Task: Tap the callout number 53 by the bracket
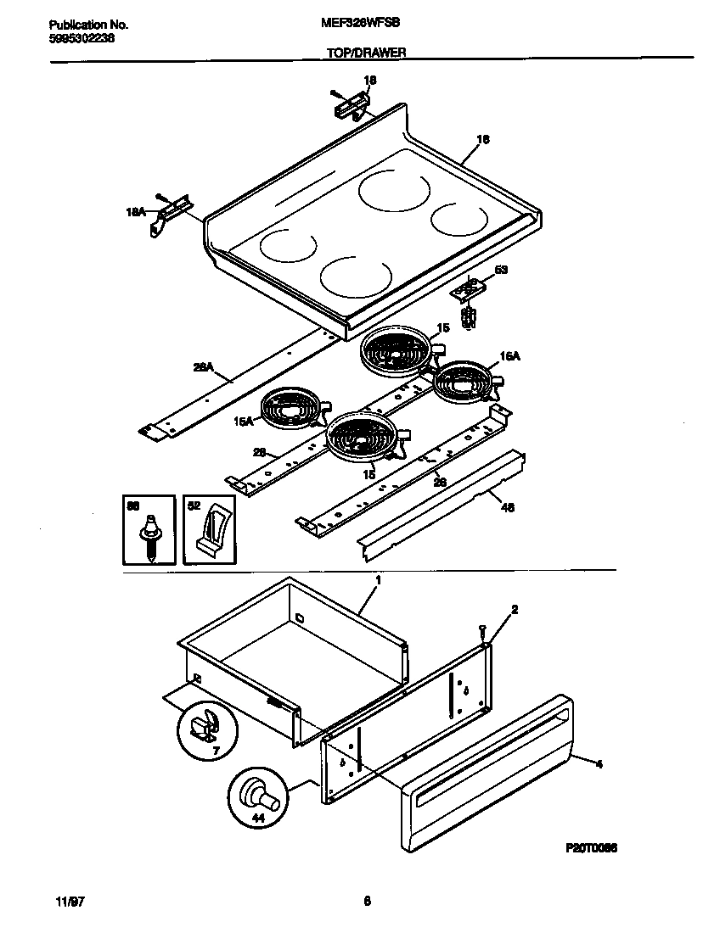(501, 270)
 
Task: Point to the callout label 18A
(138, 216)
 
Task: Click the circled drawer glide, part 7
(204, 725)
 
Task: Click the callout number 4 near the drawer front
(599, 764)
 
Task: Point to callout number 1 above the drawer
(377, 580)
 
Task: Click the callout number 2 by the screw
(514, 609)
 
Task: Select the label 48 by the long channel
(508, 508)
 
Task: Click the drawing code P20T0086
(590, 847)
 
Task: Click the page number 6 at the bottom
(367, 902)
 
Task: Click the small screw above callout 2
(483, 629)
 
